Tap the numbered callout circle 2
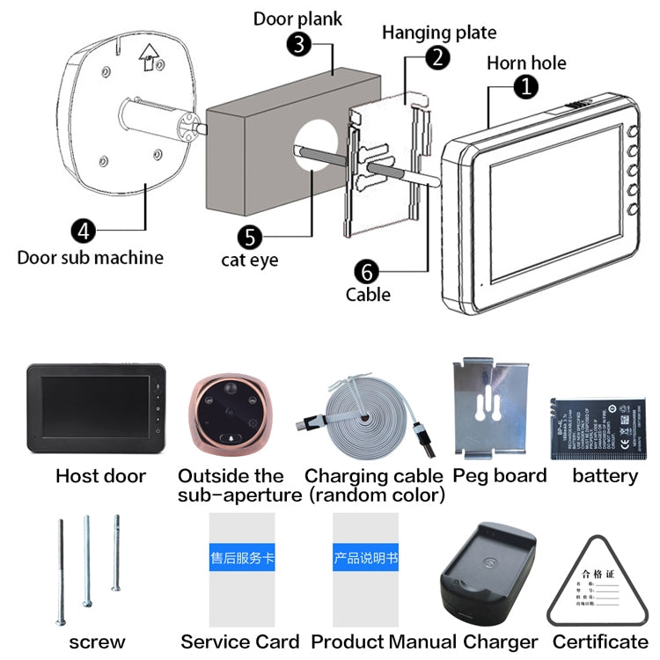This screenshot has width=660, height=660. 437,58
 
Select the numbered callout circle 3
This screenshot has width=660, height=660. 301,44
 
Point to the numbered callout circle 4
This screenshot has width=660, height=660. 83,231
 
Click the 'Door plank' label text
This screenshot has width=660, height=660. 297,18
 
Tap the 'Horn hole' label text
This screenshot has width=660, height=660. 526,62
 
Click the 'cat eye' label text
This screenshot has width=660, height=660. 249,260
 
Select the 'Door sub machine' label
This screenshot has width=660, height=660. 90,258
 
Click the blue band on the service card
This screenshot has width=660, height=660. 241,557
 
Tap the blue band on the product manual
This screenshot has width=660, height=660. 365,557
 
